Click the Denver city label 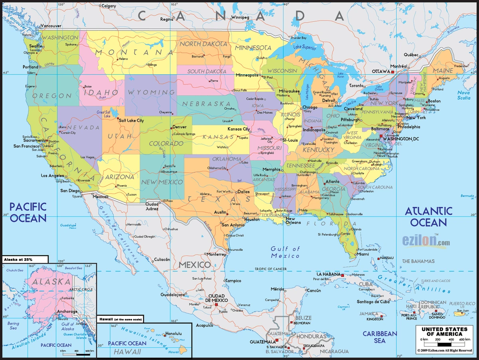(x=180, y=127)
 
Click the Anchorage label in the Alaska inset (x=67, y=311)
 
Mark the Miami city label (x=363, y=254)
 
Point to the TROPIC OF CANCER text (x=271, y=269)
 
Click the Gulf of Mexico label (x=285, y=252)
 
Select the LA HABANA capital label (x=329, y=275)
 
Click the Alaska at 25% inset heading (x=19, y=259)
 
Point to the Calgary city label (x=109, y=6)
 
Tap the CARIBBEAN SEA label (x=380, y=337)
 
